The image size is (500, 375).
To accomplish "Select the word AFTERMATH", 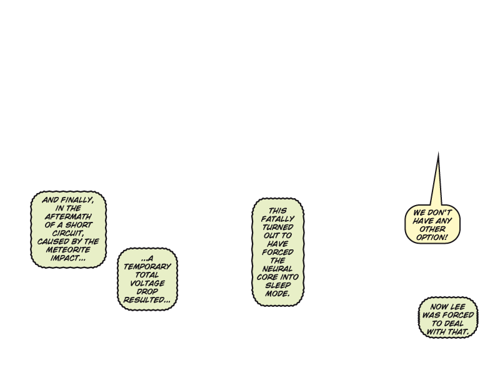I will click(x=68, y=217).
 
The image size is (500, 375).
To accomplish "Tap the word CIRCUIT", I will click(x=68, y=233).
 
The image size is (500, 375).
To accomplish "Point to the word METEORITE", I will click(x=68, y=249).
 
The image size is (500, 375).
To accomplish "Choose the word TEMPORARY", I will click(x=147, y=267).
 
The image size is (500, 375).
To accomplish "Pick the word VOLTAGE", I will click(x=147, y=283).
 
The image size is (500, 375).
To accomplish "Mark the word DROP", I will click(x=147, y=291).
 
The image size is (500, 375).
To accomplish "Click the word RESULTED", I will click(x=146, y=300).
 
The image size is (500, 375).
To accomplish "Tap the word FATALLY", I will click(x=277, y=219).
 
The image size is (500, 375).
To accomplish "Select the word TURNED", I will click(x=277, y=227).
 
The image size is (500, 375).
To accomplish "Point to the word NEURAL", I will click(x=277, y=268).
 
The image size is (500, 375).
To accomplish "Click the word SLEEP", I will click(x=277, y=285).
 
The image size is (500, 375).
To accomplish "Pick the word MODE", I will click(x=277, y=293).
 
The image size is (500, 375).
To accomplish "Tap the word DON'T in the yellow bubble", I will click(x=439, y=212).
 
